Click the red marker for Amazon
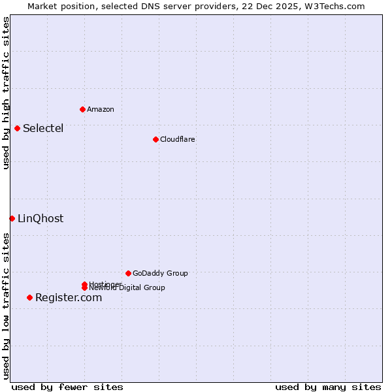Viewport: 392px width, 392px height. pyautogui.click(x=82, y=109)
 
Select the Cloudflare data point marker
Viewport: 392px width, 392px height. pyautogui.click(x=155, y=139)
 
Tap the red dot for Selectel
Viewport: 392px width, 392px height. pyautogui.click(x=17, y=128)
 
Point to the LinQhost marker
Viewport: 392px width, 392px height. pyautogui.click(x=12, y=218)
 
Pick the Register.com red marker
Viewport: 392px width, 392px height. pyautogui.click(x=29, y=297)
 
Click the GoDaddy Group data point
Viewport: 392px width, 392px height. pyautogui.click(x=128, y=273)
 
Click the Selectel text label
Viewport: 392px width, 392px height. pyautogui.click(x=43, y=128)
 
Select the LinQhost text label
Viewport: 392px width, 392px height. pyautogui.click(x=41, y=218)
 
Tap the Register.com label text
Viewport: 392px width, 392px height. pyautogui.click(x=69, y=297)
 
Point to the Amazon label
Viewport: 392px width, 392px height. pyautogui.click(x=101, y=109)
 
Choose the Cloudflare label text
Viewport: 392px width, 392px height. pyautogui.click(x=178, y=139)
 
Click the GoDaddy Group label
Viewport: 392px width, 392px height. pyautogui.click(x=160, y=273)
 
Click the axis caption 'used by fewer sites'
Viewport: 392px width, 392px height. pyautogui.click(x=67, y=387)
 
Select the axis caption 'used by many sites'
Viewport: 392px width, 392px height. pyautogui.click(x=328, y=387)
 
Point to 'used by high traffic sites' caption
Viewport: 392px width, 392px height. pyautogui.click(x=6, y=93)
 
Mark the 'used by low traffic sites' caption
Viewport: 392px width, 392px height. pyautogui.click(x=6, y=306)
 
